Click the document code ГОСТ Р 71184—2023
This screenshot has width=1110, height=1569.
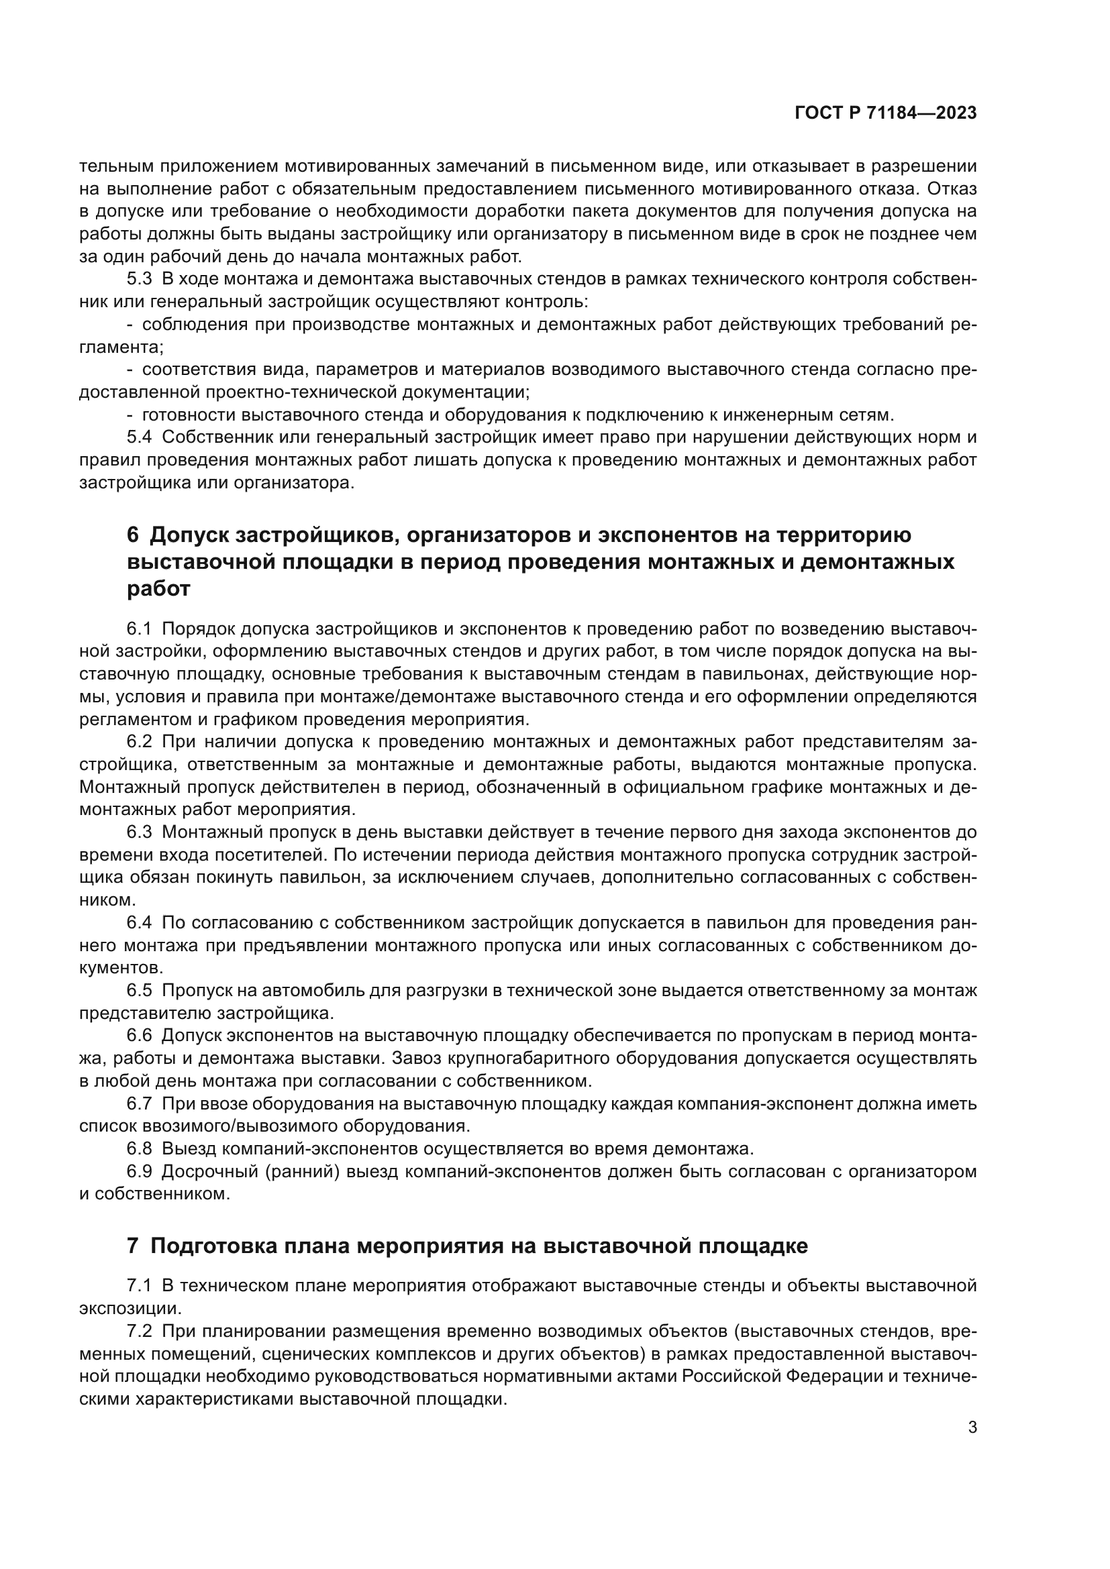coord(885,113)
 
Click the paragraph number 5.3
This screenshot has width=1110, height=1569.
coord(140,279)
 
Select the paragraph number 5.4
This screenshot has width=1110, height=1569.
coord(140,437)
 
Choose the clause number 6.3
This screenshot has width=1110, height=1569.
coord(140,832)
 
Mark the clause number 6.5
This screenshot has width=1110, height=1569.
coord(140,990)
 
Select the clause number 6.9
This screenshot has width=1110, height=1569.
coord(140,1171)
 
